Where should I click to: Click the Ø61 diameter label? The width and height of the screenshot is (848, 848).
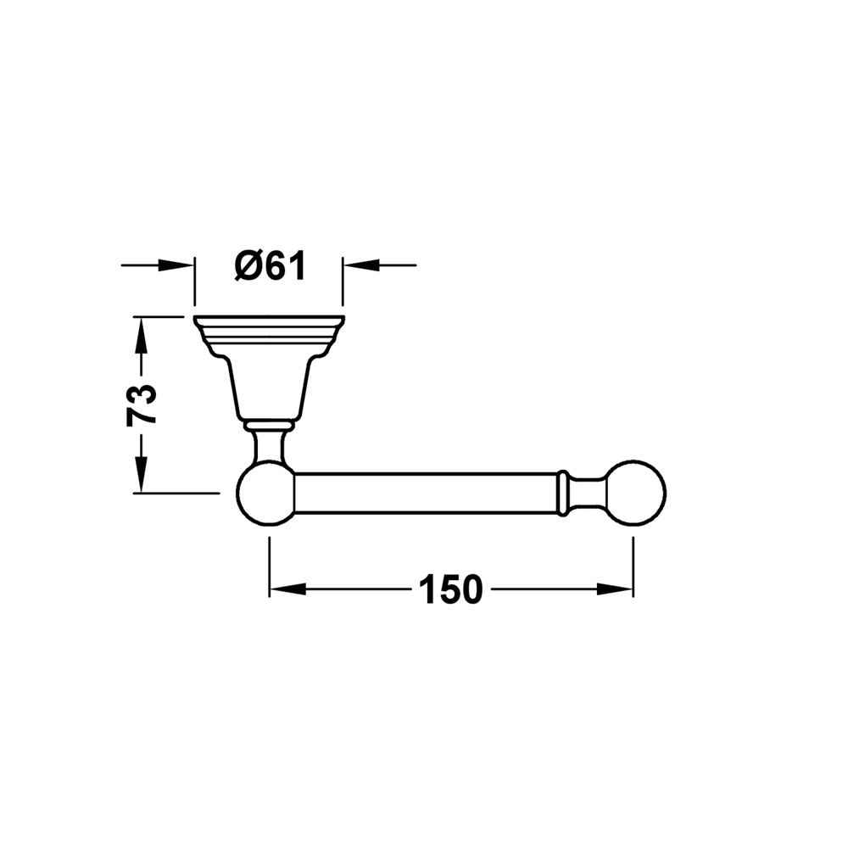point(271,265)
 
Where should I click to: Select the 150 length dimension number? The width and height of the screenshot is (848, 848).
point(450,589)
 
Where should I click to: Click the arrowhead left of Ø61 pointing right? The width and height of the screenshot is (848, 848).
point(176,265)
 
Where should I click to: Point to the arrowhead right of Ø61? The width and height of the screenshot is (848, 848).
point(361,265)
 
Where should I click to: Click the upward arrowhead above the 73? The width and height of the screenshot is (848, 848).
point(141,335)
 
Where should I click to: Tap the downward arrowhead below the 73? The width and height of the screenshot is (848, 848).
point(141,474)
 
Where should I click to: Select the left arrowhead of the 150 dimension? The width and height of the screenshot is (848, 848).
point(287,589)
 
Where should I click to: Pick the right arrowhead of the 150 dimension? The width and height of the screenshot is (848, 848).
point(614,589)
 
